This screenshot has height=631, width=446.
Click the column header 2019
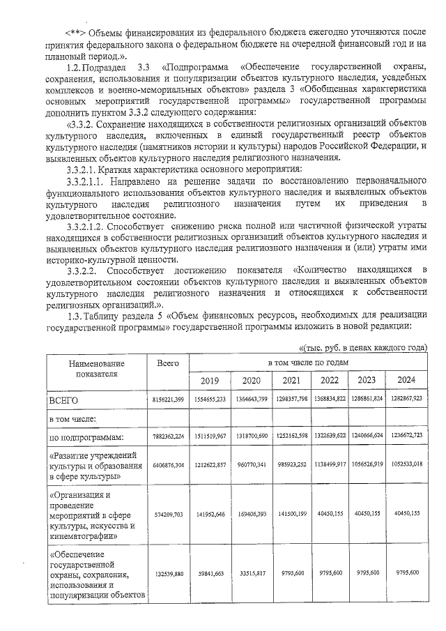[x=209, y=380]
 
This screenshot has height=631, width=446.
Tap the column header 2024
[x=407, y=380]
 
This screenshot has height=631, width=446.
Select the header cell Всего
[x=168, y=363]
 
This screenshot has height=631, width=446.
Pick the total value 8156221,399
[x=168, y=400]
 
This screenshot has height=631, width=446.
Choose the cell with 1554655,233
[x=209, y=400]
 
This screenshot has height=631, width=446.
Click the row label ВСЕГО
[x=63, y=402]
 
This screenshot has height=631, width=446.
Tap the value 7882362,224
[x=168, y=436]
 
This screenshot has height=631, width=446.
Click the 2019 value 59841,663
[x=209, y=572]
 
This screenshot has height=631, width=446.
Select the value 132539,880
[x=168, y=572]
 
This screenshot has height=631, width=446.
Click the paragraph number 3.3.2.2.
[x=79, y=270]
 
